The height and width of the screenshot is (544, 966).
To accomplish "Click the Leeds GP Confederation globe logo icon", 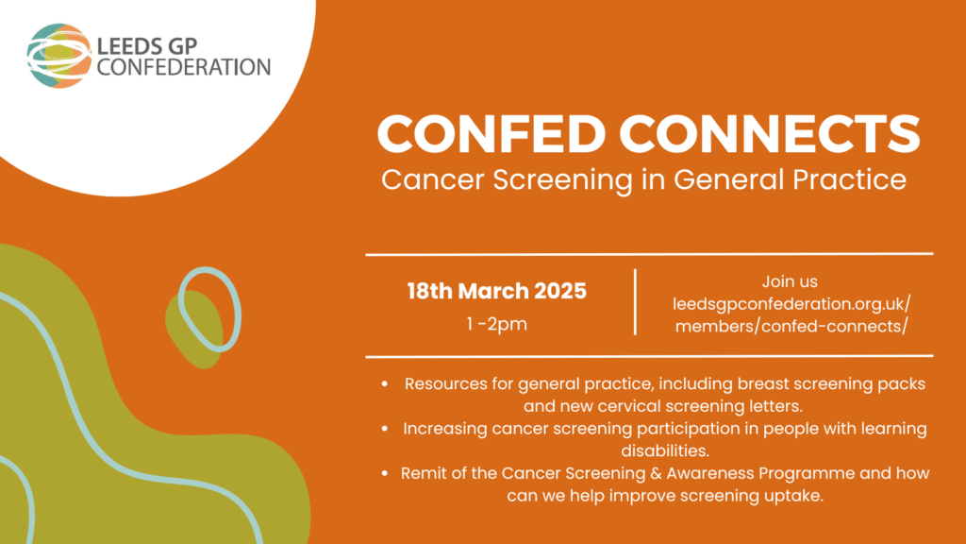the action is pyautogui.click(x=59, y=56).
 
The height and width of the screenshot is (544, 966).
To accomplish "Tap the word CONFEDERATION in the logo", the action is pyautogui.click(x=184, y=67).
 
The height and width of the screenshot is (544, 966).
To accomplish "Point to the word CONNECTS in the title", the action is pyautogui.click(x=770, y=134).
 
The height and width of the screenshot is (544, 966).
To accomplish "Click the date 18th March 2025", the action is pyautogui.click(x=496, y=291).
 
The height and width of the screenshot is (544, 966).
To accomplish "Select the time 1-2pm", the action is pyautogui.click(x=496, y=325).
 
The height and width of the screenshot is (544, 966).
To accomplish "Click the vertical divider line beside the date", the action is pyautogui.click(x=635, y=302).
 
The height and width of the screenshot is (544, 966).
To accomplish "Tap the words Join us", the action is pyautogui.click(x=790, y=281).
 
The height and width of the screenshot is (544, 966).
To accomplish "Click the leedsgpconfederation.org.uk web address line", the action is pyautogui.click(x=791, y=304).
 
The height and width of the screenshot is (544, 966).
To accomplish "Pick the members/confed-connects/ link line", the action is pyautogui.click(x=791, y=326).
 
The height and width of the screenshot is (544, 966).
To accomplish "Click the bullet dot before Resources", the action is pyautogui.click(x=385, y=383).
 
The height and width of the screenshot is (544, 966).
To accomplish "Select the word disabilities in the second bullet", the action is pyautogui.click(x=665, y=450).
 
